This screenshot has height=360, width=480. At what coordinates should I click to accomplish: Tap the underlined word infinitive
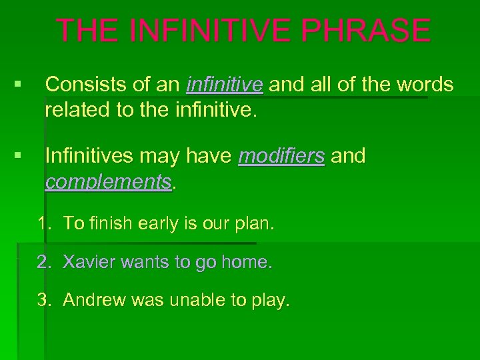pos(225,85)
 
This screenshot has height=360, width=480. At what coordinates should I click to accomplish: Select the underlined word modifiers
pos(281,156)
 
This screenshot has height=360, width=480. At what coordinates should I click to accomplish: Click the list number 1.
pos(43,225)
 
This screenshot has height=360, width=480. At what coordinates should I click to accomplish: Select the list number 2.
pos(43,263)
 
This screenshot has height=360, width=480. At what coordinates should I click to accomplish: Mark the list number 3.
pos(43,301)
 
